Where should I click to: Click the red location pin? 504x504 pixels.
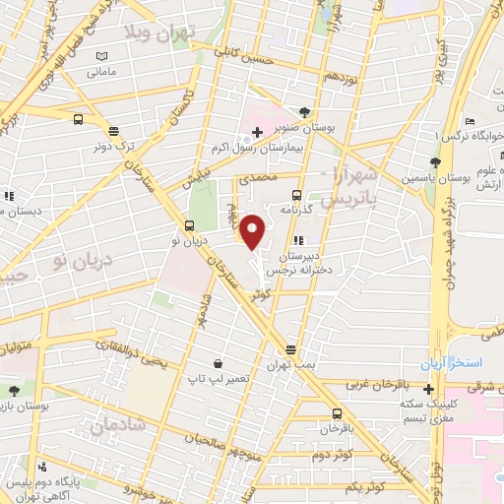point(253,231)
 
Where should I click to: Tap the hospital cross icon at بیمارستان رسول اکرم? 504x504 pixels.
point(256,132)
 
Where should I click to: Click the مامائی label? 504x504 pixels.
point(101,72)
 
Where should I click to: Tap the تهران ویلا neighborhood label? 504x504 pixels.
point(159,32)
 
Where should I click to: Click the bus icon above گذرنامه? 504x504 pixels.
point(296,195)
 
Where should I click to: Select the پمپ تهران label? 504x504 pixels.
point(291,364)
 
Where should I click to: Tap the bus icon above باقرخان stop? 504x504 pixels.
point(337,414)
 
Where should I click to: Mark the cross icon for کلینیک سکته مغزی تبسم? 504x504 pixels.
point(428,390)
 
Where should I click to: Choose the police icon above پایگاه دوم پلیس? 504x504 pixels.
point(41,467)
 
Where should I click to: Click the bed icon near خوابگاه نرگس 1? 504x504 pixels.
point(471,122)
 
